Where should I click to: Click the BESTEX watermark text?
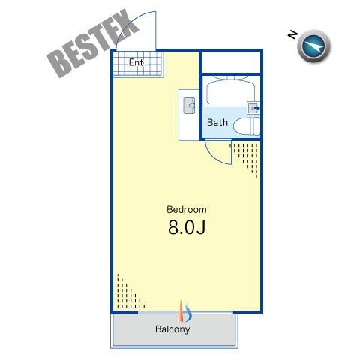(x=92, y=43)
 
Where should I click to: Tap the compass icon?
(x=313, y=46)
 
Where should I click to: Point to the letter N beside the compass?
(x=292, y=34)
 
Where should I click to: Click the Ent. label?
(x=137, y=62)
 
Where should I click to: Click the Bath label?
(x=217, y=122)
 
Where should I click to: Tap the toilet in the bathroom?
(x=247, y=127)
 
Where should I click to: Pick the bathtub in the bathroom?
(x=231, y=91)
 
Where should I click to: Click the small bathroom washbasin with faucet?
(x=253, y=108)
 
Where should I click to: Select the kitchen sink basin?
(x=189, y=105)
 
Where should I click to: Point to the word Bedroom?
(x=187, y=209)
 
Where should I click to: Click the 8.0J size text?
(x=187, y=227)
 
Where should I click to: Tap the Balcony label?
(x=172, y=329)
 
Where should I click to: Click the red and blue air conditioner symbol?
(x=185, y=311)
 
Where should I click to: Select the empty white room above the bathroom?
(x=231, y=62)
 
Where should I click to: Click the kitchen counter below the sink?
(x=189, y=128)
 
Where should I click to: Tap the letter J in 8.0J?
(x=201, y=227)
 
